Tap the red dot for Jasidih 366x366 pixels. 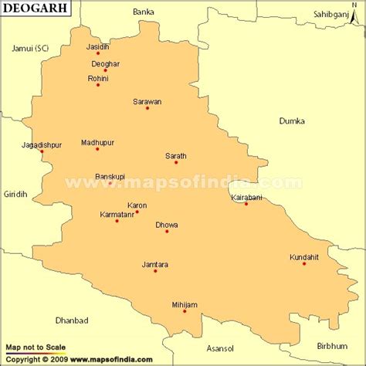coord(98,53)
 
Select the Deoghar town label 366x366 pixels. coord(105,63)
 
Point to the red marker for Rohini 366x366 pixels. coord(98,85)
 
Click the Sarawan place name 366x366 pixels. coord(147,101)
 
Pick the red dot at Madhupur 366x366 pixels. coord(97,149)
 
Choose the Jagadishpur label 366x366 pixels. coord(42,144)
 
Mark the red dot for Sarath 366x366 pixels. coord(176,162)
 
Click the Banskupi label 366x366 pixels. coord(110,177)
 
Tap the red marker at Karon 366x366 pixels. coord(137,212)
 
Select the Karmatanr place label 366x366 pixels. coord(117,214)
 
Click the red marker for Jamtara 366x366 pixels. coord(155,271)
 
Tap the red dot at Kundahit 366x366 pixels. coord(304,264)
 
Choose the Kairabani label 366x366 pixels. coord(246,198)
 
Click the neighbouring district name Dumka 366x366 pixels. coord(293,121)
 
